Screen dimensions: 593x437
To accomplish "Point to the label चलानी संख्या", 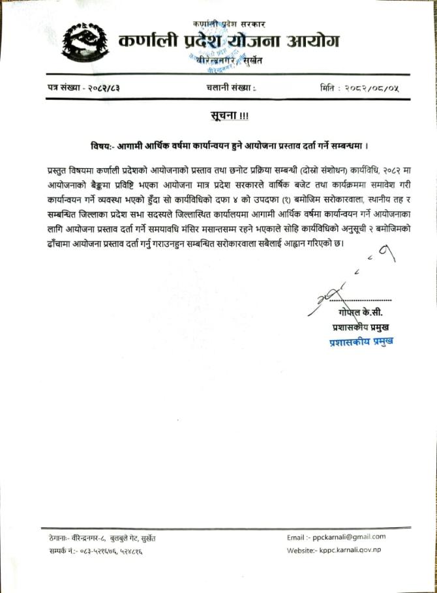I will click(x=224, y=88).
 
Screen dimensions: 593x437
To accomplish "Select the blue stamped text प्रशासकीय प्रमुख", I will click(x=361, y=341).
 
